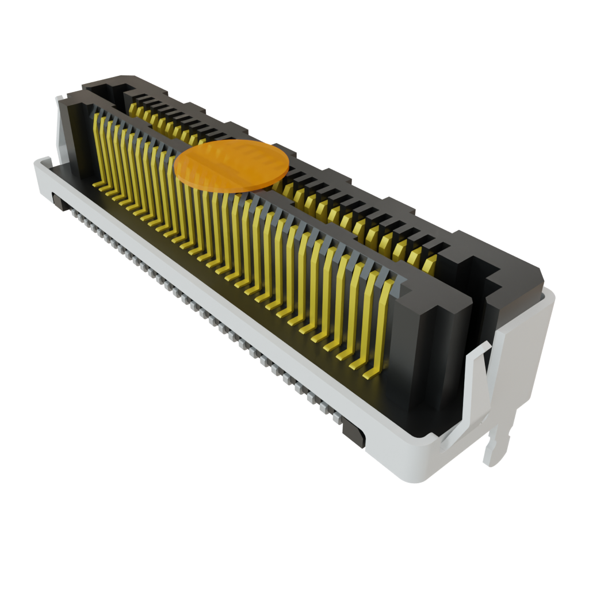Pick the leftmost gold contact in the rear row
click(x=133, y=109)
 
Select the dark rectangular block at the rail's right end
click(x=353, y=431)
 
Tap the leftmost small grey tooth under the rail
click(x=74, y=213)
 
